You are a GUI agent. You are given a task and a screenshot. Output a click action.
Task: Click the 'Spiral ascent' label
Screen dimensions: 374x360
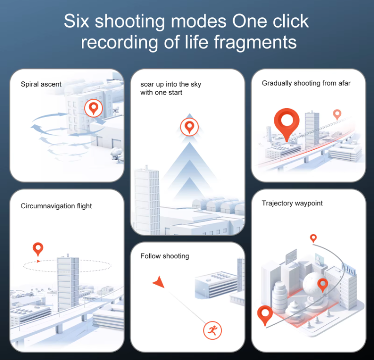click(41, 84)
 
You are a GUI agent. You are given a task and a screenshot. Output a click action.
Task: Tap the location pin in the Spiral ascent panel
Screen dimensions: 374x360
click(93, 108)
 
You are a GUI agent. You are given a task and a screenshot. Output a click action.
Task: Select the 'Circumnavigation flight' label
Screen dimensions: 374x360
click(56, 206)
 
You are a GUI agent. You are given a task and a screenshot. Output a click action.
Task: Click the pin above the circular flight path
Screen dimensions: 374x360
click(38, 249)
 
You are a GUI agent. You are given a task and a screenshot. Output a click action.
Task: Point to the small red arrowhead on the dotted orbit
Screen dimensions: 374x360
click(38, 261)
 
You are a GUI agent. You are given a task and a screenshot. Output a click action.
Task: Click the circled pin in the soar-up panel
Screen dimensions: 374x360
click(189, 127)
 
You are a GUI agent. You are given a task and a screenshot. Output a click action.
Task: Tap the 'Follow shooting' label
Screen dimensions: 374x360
click(165, 256)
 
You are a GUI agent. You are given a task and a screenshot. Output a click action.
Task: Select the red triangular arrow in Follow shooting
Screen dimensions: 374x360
click(159, 282)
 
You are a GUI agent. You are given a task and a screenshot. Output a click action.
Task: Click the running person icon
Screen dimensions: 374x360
click(212, 330)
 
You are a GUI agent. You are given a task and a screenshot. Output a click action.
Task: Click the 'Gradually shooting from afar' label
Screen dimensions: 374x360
click(306, 83)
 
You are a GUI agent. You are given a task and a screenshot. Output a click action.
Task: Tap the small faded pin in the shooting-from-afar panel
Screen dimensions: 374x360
click(337, 115)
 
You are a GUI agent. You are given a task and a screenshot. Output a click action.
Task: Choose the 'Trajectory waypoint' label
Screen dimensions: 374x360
click(292, 203)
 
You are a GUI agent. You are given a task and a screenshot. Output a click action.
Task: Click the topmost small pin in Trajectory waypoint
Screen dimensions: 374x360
click(313, 238)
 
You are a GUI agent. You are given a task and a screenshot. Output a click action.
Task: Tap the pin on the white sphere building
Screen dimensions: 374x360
click(323, 285)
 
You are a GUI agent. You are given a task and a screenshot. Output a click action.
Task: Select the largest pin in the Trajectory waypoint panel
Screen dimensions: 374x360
click(265, 315)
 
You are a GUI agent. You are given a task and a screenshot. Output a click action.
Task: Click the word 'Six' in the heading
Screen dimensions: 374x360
click(76, 21)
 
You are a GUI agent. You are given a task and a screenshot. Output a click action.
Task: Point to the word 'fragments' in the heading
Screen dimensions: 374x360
click(255, 43)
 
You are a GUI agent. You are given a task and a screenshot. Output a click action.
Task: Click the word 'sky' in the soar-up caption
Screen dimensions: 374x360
click(196, 84)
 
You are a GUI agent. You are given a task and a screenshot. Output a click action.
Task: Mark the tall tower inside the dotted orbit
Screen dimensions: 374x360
click(68, 283)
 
